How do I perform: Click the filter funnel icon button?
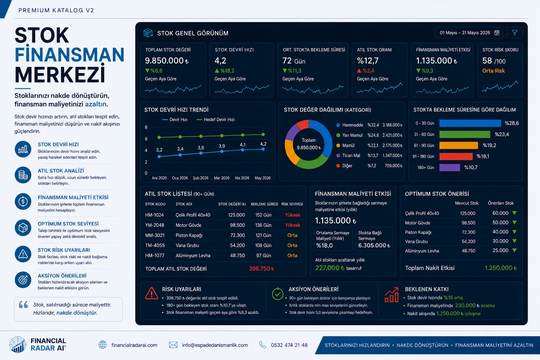[x=514, y=33]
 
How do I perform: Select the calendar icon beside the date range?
[x=497, y=33]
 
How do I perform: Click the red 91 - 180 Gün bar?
[x=456, y=156]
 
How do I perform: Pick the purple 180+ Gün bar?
[x=450, y=167]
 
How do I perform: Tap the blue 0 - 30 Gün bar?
[x=470, y=123]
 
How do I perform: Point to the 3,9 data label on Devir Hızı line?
[x=222, y=146]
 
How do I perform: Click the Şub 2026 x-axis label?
[x=201, y=178]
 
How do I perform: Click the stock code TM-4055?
[x=155, y=245]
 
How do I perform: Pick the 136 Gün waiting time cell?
[x=263, y=225]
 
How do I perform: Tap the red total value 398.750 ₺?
[x=261, y=269]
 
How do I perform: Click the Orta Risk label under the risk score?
[x=493, y=71]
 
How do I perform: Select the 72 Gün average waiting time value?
[x=294, y=61]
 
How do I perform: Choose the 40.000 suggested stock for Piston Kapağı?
[x=500, y=232]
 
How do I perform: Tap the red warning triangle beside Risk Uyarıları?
[x=152, y=293]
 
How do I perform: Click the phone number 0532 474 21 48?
[x=289, y=345]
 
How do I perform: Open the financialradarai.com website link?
[x=134, y=345]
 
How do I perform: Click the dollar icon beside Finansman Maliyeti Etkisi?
[x=23, y=201]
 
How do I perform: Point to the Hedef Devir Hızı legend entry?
[x=216, y=120]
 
